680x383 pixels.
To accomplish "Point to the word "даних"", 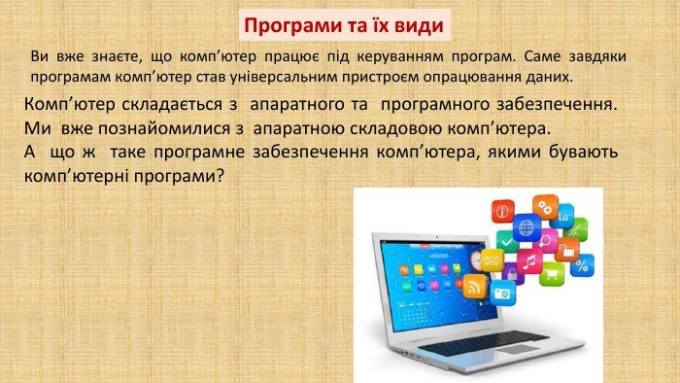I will [551, 75].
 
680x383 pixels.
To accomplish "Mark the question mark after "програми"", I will [221, 178].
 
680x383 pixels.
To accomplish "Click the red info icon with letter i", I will [502, 210].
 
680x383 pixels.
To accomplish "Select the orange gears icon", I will [545, 205].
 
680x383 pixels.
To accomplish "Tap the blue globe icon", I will [527, 228].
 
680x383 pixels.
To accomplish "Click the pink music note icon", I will [529, 261].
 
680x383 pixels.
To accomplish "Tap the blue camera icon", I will [501, 293].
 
